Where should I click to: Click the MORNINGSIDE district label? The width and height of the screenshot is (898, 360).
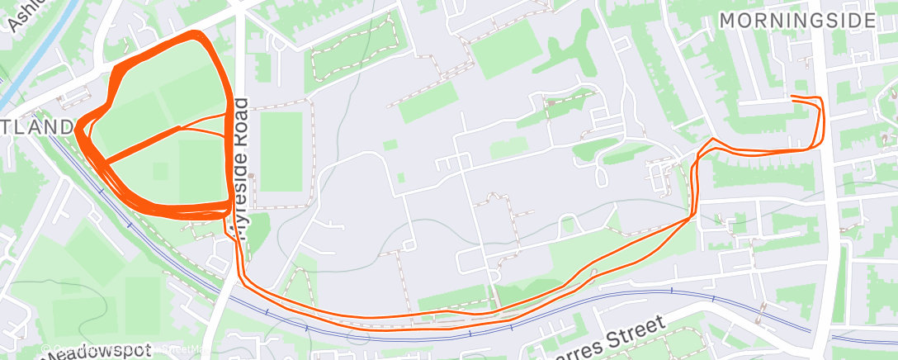(796, 20)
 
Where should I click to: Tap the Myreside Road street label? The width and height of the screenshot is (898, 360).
(241, 168)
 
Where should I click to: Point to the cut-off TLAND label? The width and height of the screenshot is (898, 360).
(37, 127)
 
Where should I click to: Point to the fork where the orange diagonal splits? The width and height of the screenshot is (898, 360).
(182, 127)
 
